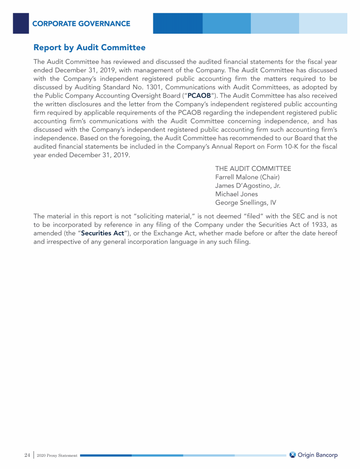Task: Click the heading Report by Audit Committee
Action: point(90,48)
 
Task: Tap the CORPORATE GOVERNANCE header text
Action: point(81,23)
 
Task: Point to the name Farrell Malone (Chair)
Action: point(247,177)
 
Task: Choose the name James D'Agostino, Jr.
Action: point(247,186)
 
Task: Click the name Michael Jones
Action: point(236,194)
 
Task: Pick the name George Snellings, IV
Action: point(245,203)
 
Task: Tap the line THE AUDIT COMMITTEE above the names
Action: point(253,169)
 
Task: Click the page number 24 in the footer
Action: point(27,455)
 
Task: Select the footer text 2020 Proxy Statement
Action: point(57,455)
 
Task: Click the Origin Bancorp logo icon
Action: point(292,455)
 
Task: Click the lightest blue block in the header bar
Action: point(323,23)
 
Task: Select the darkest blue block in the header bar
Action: point(178,23)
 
